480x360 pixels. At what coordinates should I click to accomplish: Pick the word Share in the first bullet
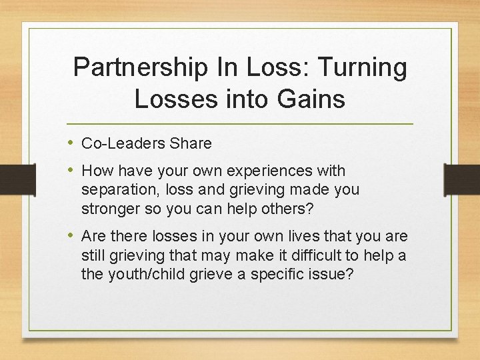[x=191, y=143]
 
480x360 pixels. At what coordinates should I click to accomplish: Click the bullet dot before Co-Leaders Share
[x=71, y=143]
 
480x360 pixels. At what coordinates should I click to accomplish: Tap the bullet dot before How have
[x=71, y=171]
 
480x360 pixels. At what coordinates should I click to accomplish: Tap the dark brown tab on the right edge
[x=467, y=178]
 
